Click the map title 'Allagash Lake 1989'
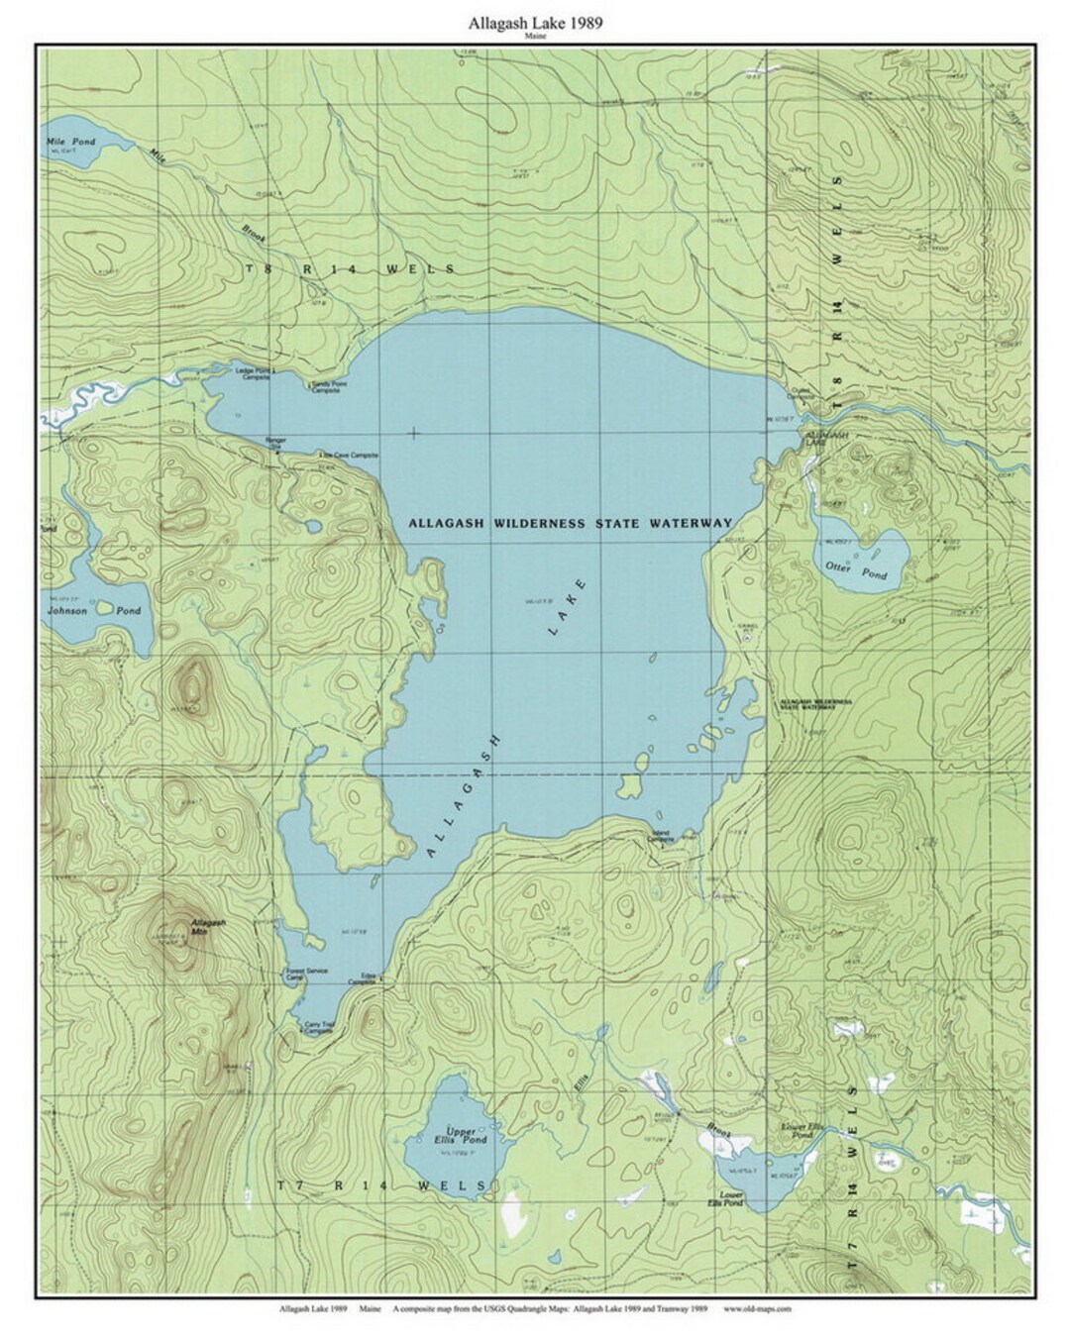click(536, 22)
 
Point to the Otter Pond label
click(856, 566)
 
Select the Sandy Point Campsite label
click(326, 387)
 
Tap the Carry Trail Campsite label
click(318, 1028)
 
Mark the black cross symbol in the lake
click(413, 433)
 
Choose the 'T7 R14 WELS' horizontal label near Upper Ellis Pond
click(382, 1185)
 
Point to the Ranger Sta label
click(273, 443)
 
